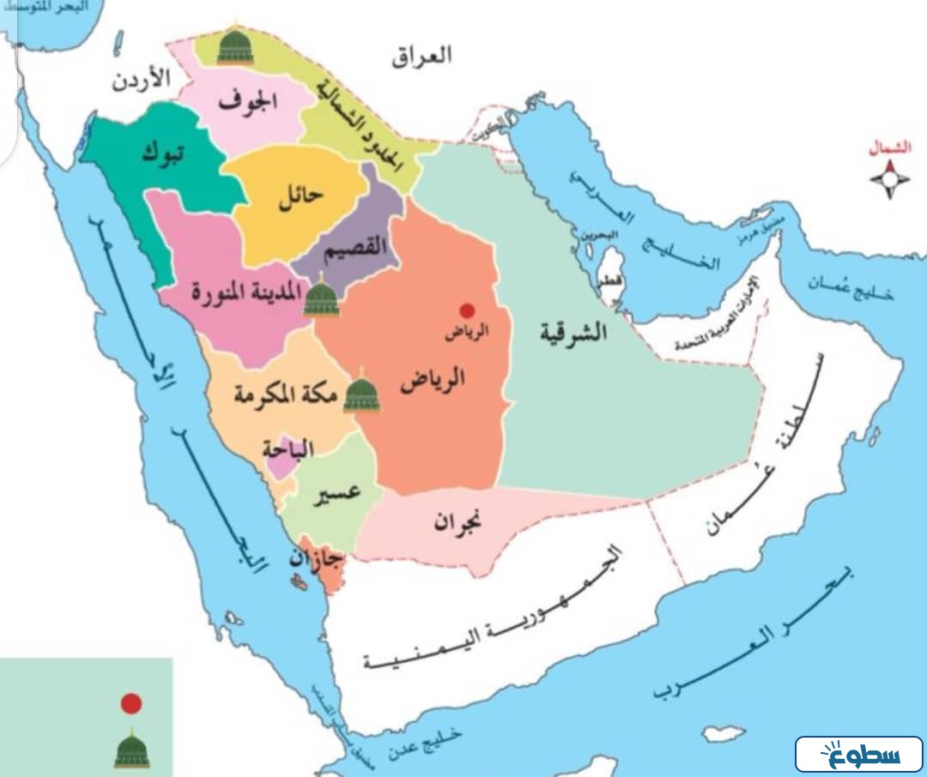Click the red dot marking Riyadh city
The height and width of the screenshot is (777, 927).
[x=467, y=310]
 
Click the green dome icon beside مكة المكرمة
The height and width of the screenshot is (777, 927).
[x=361, y=394]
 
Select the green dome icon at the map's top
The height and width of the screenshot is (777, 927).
[x=234, y=46]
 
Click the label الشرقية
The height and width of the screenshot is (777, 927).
[x=573, y=332]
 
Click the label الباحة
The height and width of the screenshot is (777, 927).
[x=290, y=449]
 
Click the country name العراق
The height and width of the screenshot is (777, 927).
[x=421, y=57]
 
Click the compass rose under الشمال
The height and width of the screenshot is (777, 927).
[x=891, y=179]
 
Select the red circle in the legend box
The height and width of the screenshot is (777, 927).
[x=130, y=704]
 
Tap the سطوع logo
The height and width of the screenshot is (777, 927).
[x=859, y=755]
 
